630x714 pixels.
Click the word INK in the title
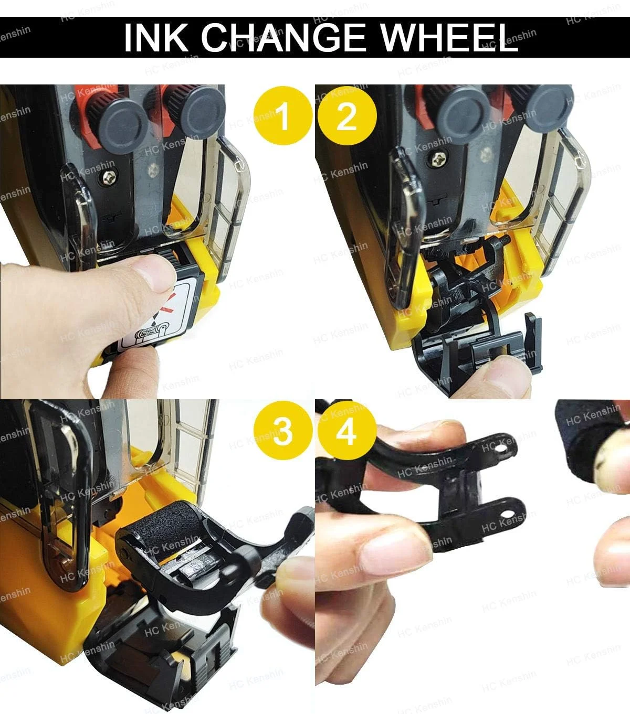coord(156,37)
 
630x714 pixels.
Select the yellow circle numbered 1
coord(283,116)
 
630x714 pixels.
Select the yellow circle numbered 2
coord(347,116)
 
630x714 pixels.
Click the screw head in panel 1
coord(110,178)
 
